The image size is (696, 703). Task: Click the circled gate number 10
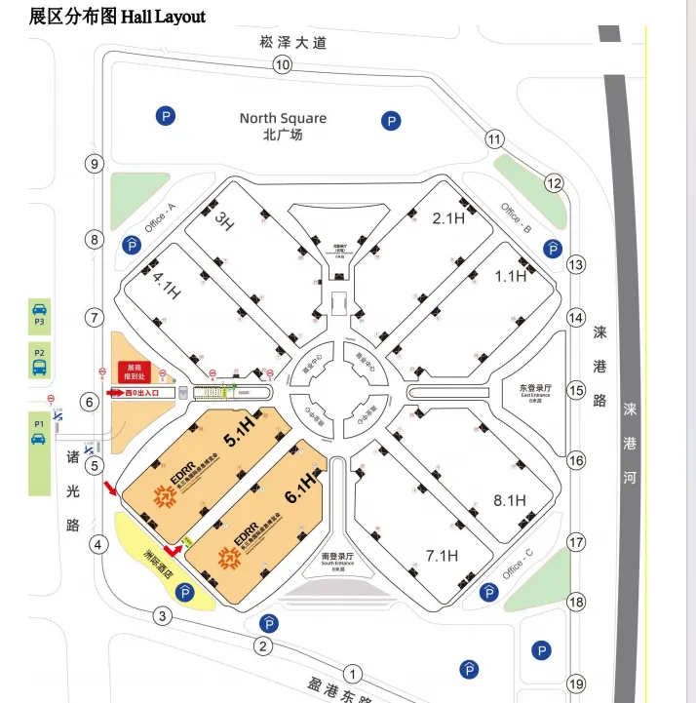click(x=283, y=65)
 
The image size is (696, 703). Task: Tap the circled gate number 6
click(x=90, y=402)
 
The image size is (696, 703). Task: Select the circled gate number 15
click(x=576, y=390)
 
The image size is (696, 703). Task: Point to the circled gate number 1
click(x=353, y=673)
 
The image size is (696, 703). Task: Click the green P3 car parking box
click(x=39, y=318)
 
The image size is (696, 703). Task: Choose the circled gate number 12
click(x=554, y=182)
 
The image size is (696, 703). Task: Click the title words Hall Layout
click(x=163, y=17)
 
